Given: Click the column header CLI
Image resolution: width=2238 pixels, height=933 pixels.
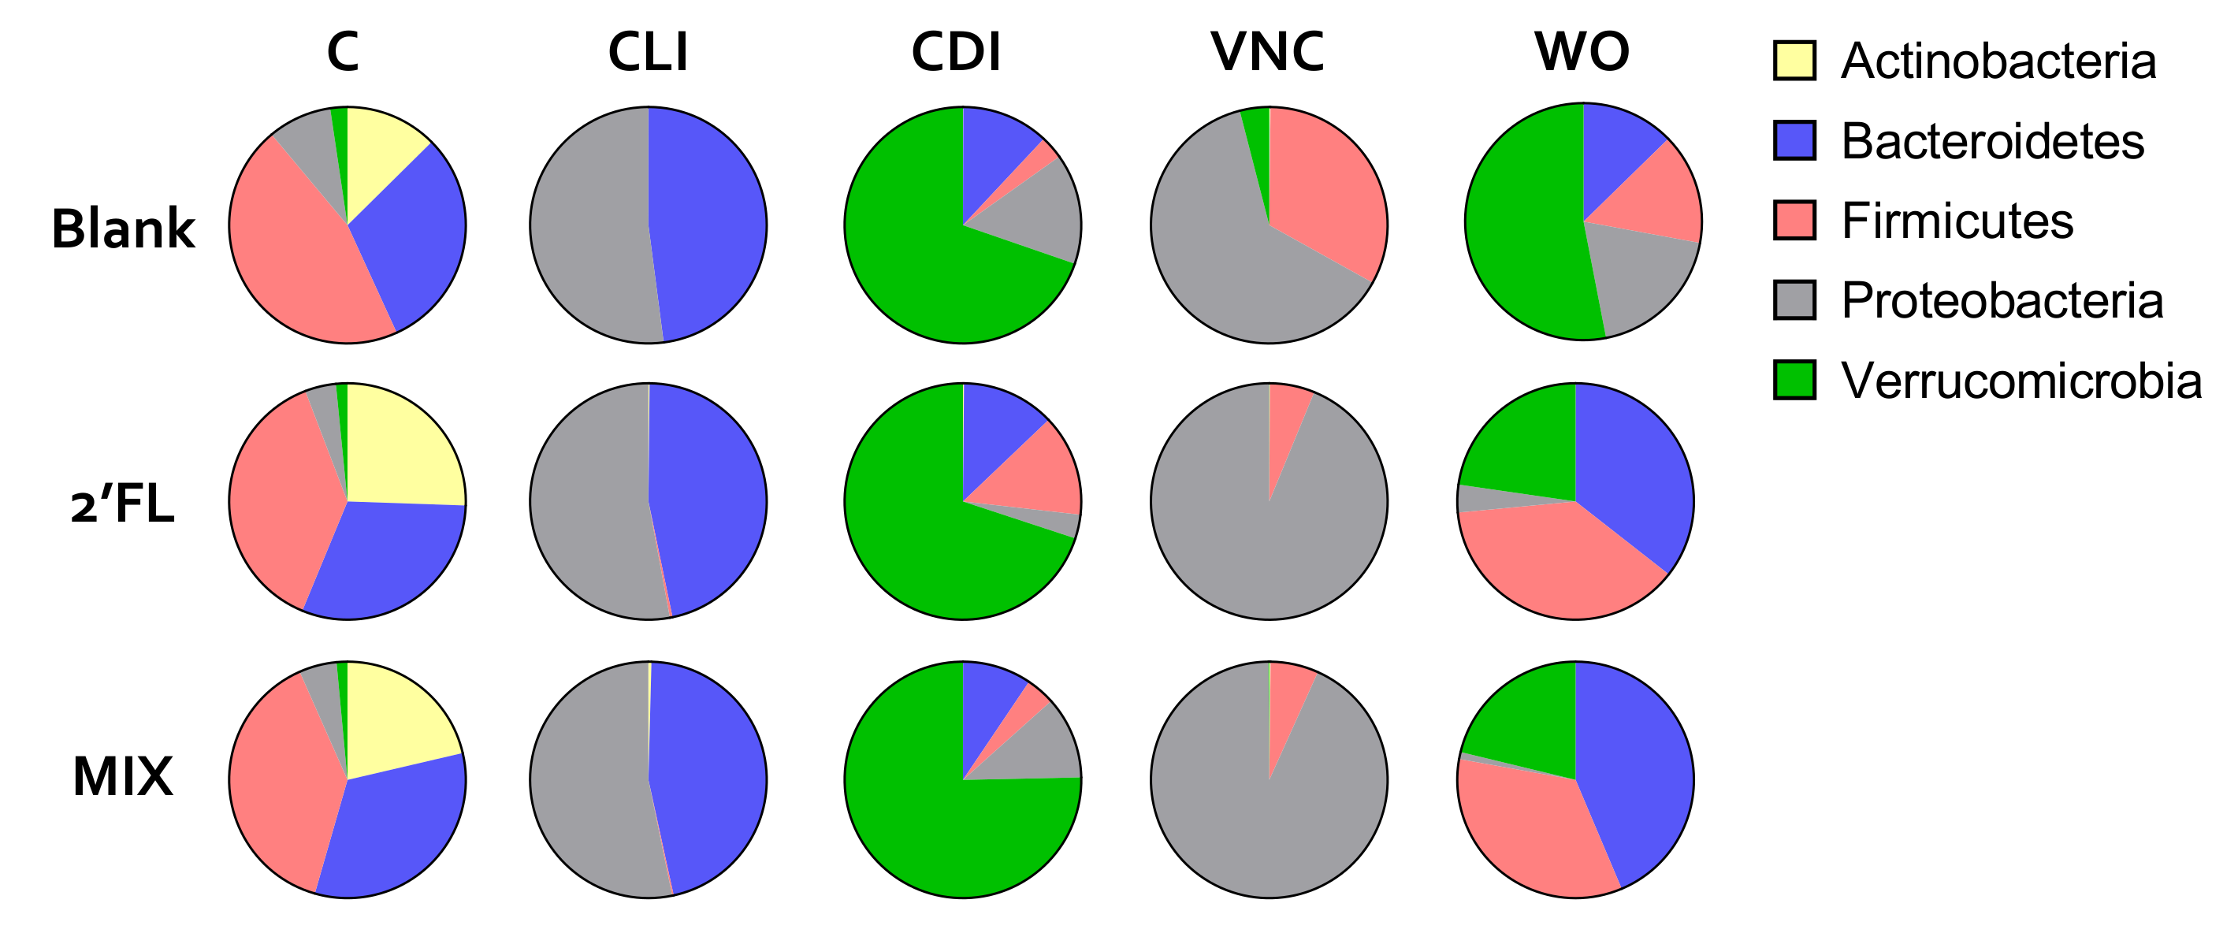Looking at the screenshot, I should (x=648, y=52).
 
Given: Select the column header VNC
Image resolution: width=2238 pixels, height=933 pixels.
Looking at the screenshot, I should (x=1268, y=52).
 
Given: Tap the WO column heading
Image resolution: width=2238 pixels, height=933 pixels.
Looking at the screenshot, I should (x=1582, y=52).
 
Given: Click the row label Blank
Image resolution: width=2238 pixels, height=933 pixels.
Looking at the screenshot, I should (x=124, y=229).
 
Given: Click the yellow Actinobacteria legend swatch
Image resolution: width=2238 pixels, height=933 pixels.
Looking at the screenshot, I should (x=1794, y=61).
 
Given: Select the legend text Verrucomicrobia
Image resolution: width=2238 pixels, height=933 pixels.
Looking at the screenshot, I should (x=2021, y=381).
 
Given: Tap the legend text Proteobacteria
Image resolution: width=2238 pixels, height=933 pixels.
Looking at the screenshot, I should (x=2002, y=300).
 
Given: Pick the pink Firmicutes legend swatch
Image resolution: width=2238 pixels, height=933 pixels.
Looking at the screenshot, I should (x=1794, y=221).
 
